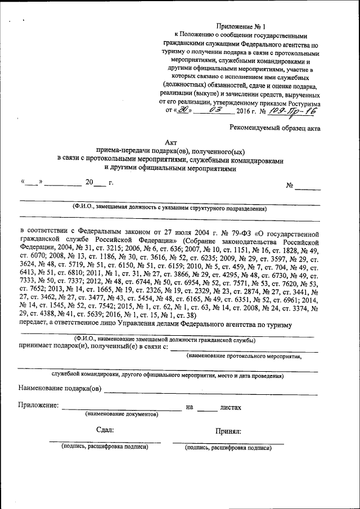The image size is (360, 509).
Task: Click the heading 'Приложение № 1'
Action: tap(240, 26)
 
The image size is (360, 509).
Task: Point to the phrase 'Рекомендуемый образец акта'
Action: tap(275, 128)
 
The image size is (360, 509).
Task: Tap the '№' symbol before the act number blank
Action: tap(291, 185)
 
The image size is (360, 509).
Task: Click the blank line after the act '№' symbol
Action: tap(308, 188)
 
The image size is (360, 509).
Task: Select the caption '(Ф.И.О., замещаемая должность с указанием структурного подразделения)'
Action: tap(169, 208)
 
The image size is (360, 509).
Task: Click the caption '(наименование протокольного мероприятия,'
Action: tap(244, 356)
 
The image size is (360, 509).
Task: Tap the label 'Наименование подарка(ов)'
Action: tap(60, 388)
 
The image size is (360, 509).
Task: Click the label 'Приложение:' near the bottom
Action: tap(38, 405)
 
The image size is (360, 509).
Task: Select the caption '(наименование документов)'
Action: tap(121, 414)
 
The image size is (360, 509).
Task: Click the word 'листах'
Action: tap(231, 406)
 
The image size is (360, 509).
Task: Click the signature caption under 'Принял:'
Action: tap(228, 448)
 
